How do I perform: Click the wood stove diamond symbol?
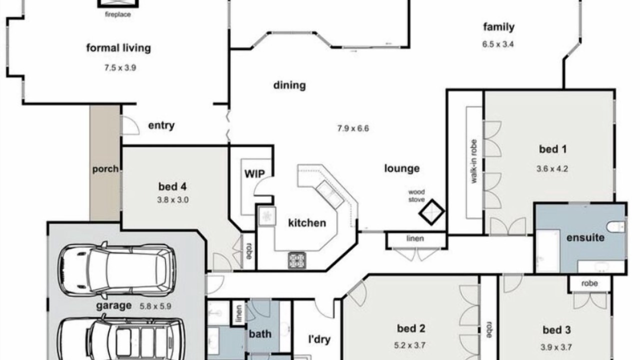point(431,212)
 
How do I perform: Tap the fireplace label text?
point(117,14)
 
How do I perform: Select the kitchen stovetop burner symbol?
point(297,260)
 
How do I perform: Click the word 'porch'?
point(105,169)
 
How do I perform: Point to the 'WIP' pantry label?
point(254,173)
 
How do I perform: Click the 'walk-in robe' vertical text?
point(473,161)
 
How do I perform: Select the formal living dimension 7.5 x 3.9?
point(120,68)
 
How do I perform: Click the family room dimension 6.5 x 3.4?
point(498,44)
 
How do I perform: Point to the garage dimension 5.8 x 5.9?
point(155,306)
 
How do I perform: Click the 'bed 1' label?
point(552,149)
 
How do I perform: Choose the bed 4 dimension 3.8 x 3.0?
point(173,199)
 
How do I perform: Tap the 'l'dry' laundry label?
point(319,339)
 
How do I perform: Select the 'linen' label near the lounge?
point(415,238)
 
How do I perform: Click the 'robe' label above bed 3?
point(589,283)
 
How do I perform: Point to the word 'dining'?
point(289,85)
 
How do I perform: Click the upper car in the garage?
point(117,270)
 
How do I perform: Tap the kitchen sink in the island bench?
point(330,194)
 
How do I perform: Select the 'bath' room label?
point(260,333)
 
